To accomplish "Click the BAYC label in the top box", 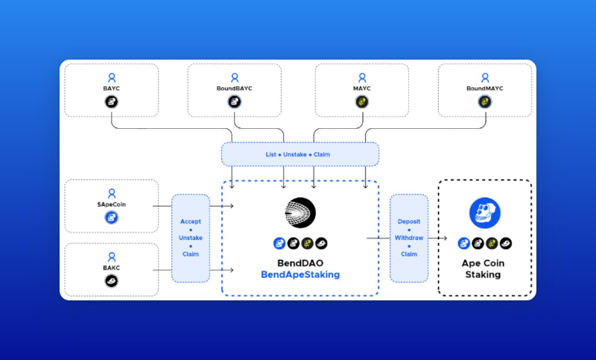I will tap(111, 88).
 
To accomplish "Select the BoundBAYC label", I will tap(235, 88).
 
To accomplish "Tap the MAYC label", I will tap(361, 88).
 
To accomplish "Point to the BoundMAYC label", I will tap(485, 88).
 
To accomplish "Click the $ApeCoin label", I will tap(111, 203).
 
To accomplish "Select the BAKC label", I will tap(111, 268).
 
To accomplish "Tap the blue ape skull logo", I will tap(484, 213).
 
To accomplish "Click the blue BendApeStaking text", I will tap(300, 275).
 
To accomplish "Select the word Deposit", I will tap(409, 221).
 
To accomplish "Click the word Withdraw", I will tap(409, 238).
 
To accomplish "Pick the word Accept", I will tap(191, 221).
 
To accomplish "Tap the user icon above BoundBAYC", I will tap(235, 77).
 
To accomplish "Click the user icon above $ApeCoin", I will tap(111, 192).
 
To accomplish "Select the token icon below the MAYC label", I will tap(361, 101).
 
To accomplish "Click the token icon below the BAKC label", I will tap(111, 281).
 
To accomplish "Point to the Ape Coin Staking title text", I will tap(484, 269).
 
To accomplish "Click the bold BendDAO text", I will tap(300, 262).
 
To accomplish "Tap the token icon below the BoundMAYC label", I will tap(485, 101).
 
